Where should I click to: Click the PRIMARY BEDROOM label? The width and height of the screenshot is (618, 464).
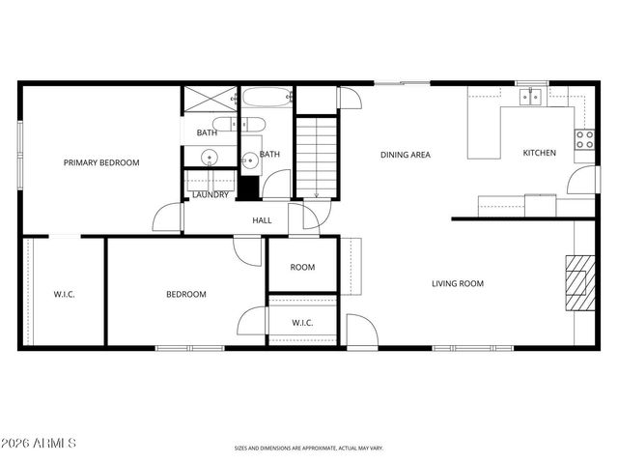point(101,163)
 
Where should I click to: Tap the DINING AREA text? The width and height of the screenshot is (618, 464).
point(405,155)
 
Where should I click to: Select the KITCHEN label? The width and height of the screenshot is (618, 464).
point(539,153)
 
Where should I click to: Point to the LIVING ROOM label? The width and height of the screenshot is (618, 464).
point(457,283)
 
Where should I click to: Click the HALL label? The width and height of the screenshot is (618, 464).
point(262,220)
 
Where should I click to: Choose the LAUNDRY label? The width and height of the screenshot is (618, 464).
point(210,195)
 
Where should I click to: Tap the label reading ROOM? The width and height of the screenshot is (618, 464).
point(302,268)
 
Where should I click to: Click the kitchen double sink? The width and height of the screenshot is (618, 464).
point(529,96)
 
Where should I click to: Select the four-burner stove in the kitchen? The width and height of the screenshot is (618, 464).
point(584,139)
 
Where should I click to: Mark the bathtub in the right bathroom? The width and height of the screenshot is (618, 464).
point(267,100)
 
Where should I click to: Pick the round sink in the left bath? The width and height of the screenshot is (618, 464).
point(209,158)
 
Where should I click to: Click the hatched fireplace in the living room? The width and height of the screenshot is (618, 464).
point(576,282)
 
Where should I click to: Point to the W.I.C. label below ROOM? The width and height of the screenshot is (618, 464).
point(302,323)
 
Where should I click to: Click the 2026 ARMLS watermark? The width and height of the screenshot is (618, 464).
point(41,443)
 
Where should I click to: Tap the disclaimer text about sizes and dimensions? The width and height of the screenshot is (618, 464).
point(308,448)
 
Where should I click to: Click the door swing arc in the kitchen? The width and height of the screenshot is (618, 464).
point(582,180)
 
